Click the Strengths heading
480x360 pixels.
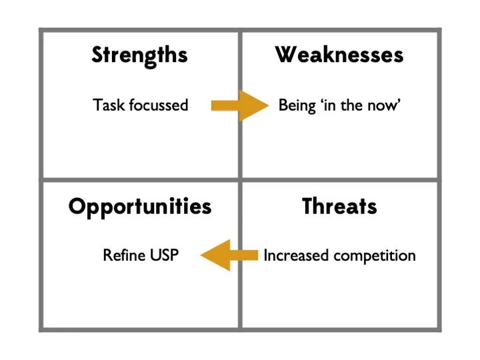(x=139, y=56)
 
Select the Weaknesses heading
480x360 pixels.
(x=339, y=55)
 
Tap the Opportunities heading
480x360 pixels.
(x=140, y=207)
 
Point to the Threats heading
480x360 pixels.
(x=339, y=206)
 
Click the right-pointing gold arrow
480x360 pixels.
(x=240, y=105)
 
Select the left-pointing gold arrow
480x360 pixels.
(x=229, y=255)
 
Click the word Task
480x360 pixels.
(x=109, y=105)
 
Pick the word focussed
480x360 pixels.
(x=158, y=105)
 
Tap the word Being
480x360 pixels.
(x=297, y=106)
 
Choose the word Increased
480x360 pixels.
(x=296, y=255)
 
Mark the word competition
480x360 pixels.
(x=375, y=256)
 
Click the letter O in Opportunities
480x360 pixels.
(x=78, y=207)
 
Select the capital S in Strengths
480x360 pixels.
(x=97, y=55)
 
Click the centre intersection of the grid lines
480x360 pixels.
(x=240, y=180)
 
